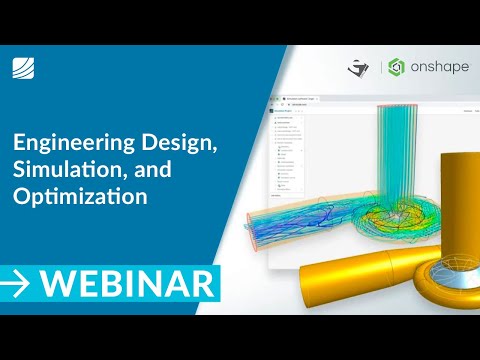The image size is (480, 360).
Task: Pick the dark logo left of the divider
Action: [358, 69]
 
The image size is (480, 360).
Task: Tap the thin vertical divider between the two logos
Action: [380, 68]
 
